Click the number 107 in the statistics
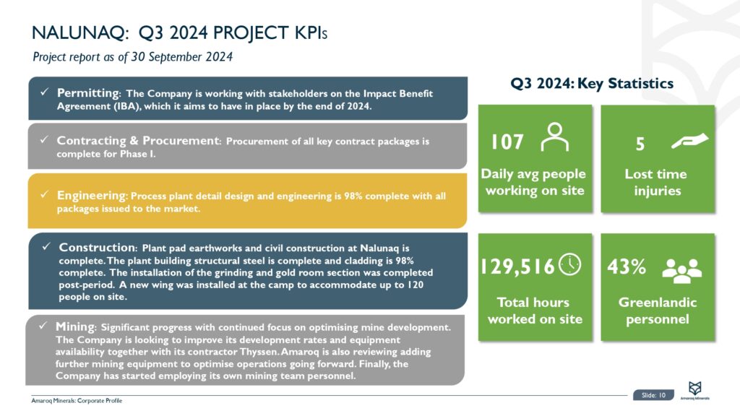click(x=507, y=142)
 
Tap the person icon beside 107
click(x=554, y=137)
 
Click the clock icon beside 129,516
click(x=570, y=265)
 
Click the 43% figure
click(x=627, y=267)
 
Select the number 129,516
click(x=517, y=267)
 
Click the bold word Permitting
click(x=88, y=93)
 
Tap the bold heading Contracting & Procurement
click(x=138, y=140)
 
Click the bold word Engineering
click(x=91, y=195)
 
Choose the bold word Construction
click(x=97, y=247)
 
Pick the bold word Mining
click(x=75, y=327)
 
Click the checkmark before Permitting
click(x=44, y=92)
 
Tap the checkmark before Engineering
click(x=44, y=194)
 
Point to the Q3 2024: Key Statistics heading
click(x=592, y=83)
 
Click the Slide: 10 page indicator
click(x=655, y=395)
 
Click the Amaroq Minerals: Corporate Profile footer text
click(x=77, y=400)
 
